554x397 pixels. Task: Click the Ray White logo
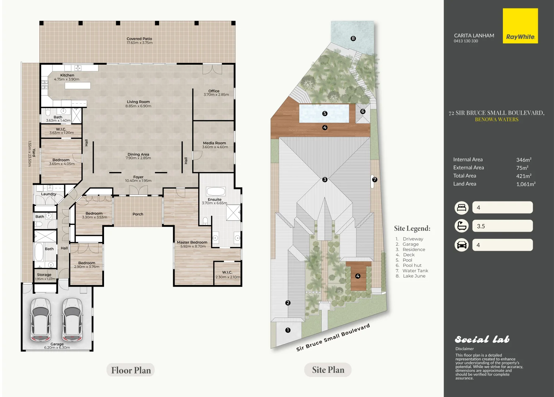pos(520,26)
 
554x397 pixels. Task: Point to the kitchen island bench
pos(78,86)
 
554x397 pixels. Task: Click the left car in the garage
pos(40,319)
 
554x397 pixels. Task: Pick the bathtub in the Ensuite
pos(216,192)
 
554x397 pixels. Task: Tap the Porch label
pos(138,214)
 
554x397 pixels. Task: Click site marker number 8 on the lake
pos(353,38)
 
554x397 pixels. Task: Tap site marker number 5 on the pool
pos(325,114)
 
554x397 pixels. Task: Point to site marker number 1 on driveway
pos(287,330)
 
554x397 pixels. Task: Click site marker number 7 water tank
pos(375,180)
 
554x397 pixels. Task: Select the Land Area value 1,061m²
pos(526,184)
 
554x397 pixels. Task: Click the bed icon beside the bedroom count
pos(461,208)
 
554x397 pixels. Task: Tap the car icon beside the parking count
pos(461,245)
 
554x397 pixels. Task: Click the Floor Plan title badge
pos(131,370)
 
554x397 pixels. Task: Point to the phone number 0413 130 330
pos(466,41)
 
